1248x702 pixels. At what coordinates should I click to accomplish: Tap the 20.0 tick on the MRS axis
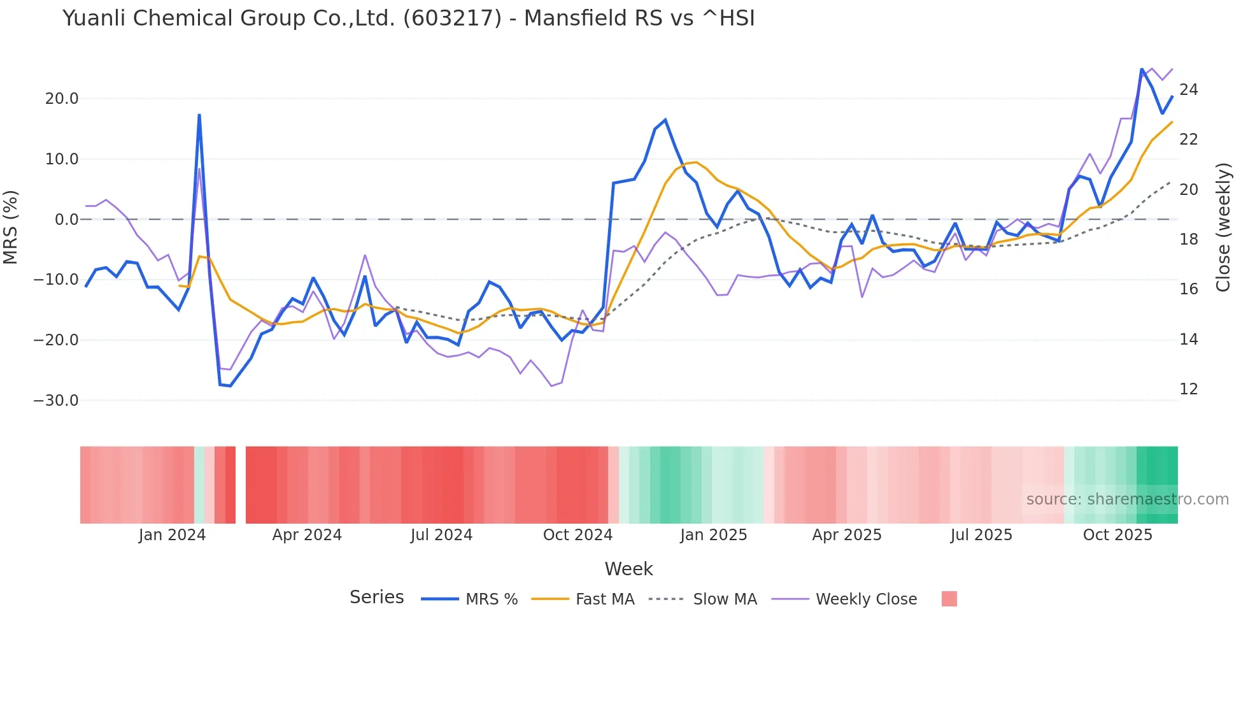[62, 99]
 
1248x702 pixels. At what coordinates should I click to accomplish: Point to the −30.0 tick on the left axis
[56, 401]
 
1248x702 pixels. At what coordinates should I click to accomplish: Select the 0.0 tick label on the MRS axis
[66, 220]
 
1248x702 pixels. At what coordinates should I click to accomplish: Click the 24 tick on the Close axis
[1188, 90]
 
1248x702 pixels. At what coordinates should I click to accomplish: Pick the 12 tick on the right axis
[1188, 389]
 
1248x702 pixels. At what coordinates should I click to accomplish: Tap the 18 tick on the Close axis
[1188, 240]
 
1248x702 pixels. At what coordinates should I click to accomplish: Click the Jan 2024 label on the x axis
[172, 535]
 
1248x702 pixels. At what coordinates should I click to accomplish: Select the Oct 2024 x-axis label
[578, 535]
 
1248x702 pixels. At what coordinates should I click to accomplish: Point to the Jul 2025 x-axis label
[981, 535]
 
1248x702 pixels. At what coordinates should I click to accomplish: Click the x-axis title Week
[628, 569]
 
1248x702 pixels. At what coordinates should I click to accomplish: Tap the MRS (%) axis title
[11, 227]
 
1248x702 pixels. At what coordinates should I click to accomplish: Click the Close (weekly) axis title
[1223, 227]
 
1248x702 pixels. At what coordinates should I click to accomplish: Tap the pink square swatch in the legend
[949, 599]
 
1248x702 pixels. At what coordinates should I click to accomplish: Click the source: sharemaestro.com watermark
[1127, 499]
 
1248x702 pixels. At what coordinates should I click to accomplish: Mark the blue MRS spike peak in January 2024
[199, 115]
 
